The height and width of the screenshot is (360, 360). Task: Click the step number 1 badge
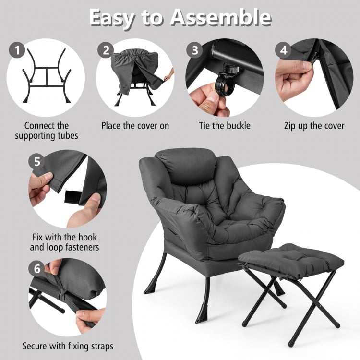(x=18, y=50)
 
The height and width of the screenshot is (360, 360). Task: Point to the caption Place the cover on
(x=135, y=126)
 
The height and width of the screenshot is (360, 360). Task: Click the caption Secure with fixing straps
(x=68, y=346)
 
